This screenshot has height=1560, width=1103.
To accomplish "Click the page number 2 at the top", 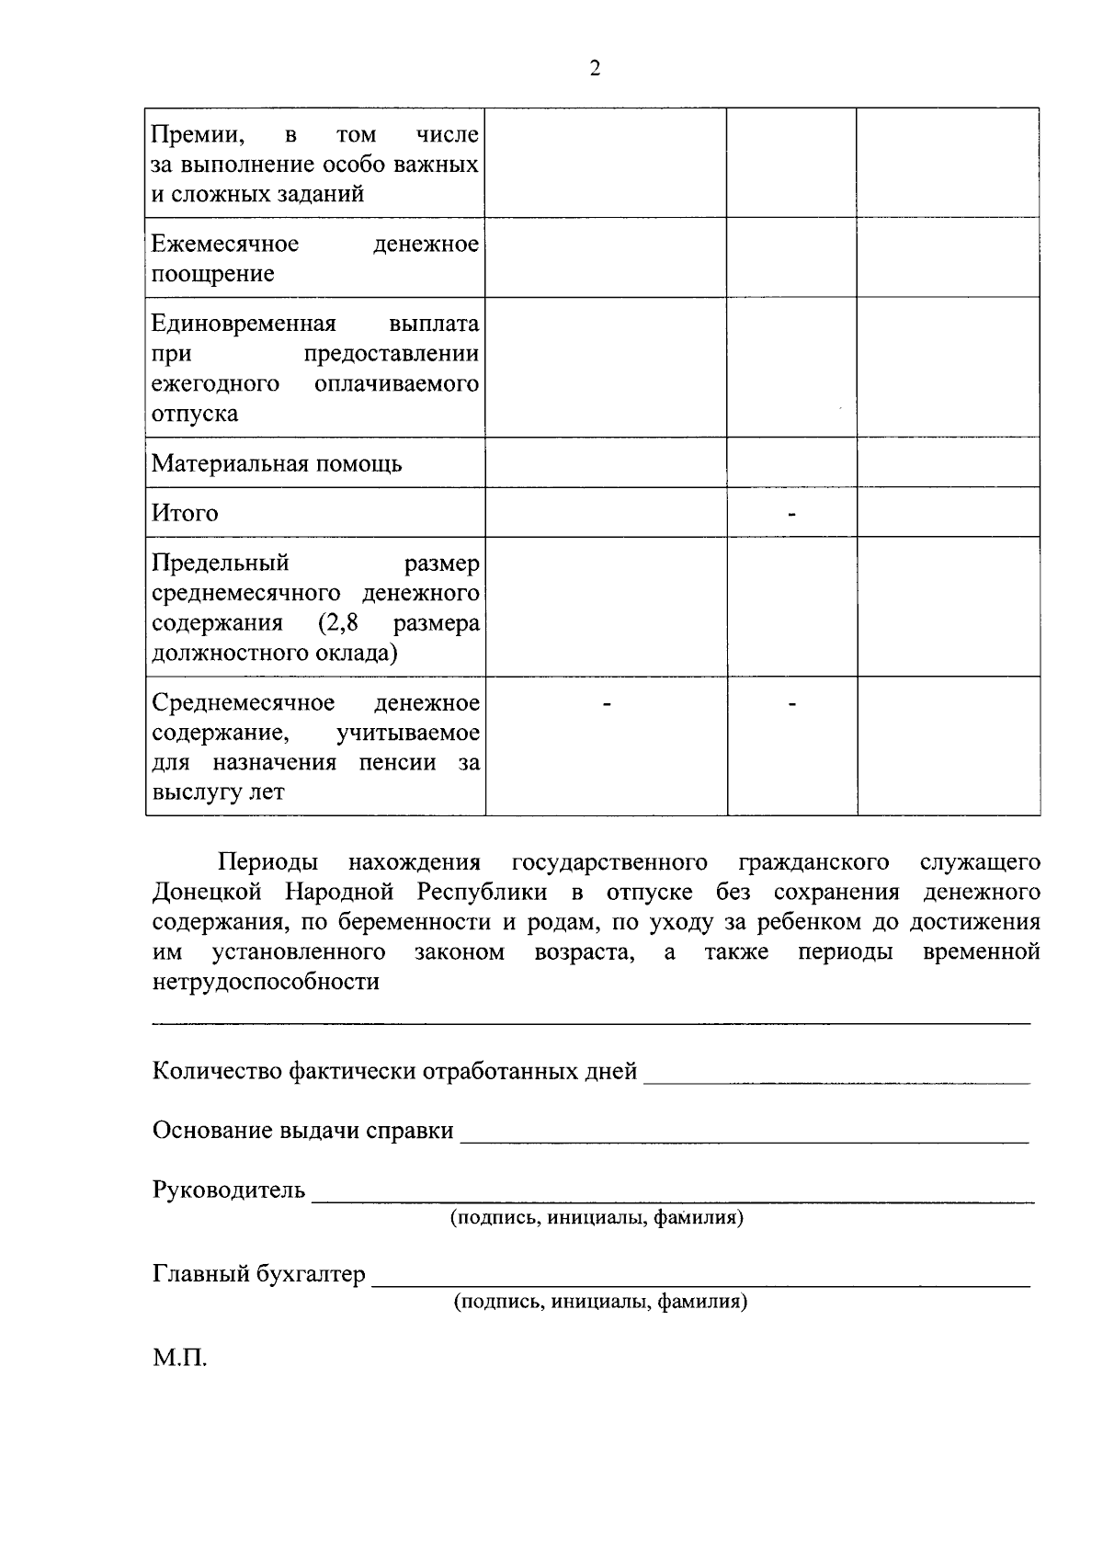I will [595, 69].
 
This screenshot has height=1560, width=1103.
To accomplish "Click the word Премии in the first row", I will [197, 135].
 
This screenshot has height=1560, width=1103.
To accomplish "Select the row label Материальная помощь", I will [277, 463].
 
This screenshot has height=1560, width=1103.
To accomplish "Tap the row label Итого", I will [185, 513].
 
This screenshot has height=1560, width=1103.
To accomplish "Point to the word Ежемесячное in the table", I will [225, 244].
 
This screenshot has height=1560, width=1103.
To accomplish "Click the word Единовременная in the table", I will [244, 324].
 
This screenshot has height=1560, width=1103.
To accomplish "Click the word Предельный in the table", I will [221, 563].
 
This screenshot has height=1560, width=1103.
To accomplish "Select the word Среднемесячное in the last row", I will [243, 703].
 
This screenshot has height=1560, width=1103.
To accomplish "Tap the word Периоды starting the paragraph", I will [268, 862].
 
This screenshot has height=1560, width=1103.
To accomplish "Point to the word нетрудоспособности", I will [266, 982].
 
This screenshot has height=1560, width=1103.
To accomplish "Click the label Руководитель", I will [229, 1190].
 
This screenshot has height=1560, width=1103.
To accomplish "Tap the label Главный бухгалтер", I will [258, 1275].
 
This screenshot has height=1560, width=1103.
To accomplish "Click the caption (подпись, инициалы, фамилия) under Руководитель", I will [597, 1218].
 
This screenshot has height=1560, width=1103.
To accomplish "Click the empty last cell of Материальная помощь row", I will [948, 462].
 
